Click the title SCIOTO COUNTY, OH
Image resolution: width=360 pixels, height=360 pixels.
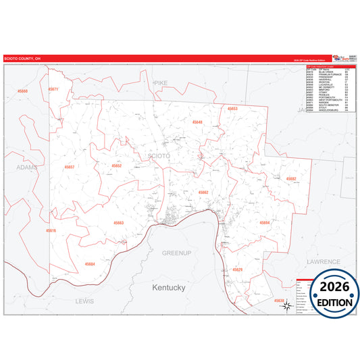pos(23,59)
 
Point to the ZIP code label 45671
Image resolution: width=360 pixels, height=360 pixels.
pos(53,89)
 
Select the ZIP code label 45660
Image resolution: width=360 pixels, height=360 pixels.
pos(23,91)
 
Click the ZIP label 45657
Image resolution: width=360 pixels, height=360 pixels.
pos(70,166)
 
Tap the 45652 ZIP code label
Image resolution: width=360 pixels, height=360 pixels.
pos(117,165)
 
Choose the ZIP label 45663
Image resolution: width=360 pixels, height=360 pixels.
pos(118,222)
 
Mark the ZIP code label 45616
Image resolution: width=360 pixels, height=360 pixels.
pos(51,230)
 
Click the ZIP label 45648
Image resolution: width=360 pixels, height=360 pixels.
pos(197,122)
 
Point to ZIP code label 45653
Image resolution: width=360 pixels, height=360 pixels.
pos(232,108)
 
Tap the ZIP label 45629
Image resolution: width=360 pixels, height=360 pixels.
pos(237,269)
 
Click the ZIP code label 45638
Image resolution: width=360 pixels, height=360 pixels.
pos(279,299)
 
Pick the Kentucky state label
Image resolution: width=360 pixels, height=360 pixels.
pos(168,287)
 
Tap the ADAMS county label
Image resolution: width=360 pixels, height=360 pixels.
pos(27,166)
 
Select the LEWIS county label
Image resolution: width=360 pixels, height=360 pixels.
pos(84,300)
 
